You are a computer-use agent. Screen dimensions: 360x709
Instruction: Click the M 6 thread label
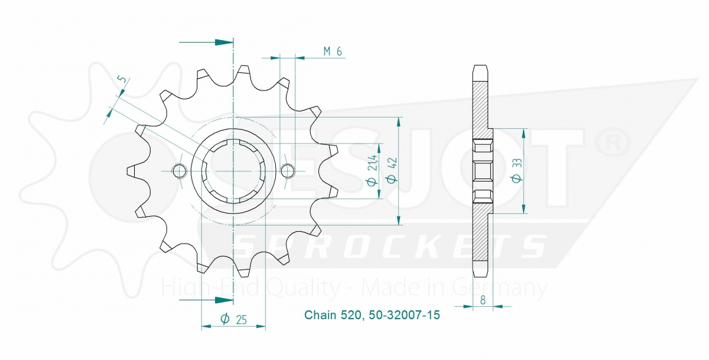[333, 51]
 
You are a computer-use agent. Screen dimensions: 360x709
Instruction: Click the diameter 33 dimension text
[516, 172]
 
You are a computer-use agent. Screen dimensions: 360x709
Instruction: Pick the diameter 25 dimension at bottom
[233, 319]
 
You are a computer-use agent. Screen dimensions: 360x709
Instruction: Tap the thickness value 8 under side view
[483, 300]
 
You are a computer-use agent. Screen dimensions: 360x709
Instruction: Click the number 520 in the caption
[347, 315]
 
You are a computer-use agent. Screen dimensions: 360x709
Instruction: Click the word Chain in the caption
[319, 315]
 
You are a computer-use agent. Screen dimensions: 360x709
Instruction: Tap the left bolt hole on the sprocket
[178, 171]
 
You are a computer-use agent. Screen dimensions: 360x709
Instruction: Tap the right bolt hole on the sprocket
[288, 171]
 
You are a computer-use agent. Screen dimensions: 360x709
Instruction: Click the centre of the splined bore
[233, 171]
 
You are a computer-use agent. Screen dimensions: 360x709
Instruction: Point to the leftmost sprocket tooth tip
[128, 171]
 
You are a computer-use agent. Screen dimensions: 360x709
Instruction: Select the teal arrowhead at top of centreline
[223, 43]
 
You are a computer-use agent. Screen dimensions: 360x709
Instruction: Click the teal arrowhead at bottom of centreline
[223, 300]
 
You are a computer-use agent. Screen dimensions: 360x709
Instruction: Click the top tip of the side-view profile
[481, 64]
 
